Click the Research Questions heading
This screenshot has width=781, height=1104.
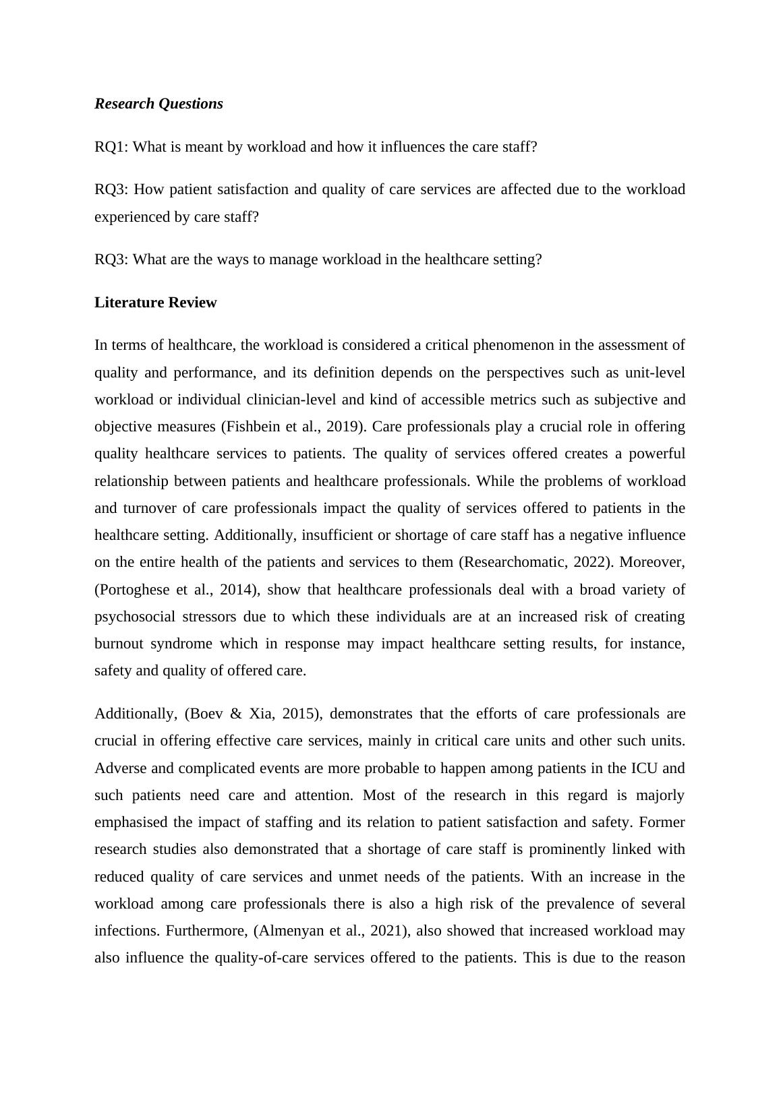158,104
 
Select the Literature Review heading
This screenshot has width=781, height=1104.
155,303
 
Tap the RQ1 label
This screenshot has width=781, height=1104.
111,147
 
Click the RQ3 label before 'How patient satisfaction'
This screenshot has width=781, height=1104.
111,189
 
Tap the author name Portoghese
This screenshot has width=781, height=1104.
135,590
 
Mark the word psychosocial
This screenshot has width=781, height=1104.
128,617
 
